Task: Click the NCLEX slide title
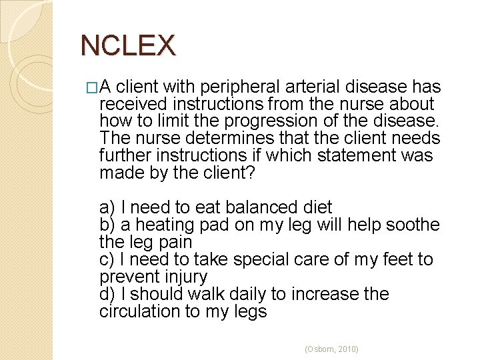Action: click(127, 45)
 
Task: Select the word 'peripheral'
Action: click(233, 87)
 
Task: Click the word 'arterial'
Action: click(307, 87)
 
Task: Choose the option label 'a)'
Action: click(107, 208)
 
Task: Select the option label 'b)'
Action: click(107, 225)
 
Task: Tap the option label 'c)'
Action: click(107, 260)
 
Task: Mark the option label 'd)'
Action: click(107, 295)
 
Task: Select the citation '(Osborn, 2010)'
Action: click(331, 349)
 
